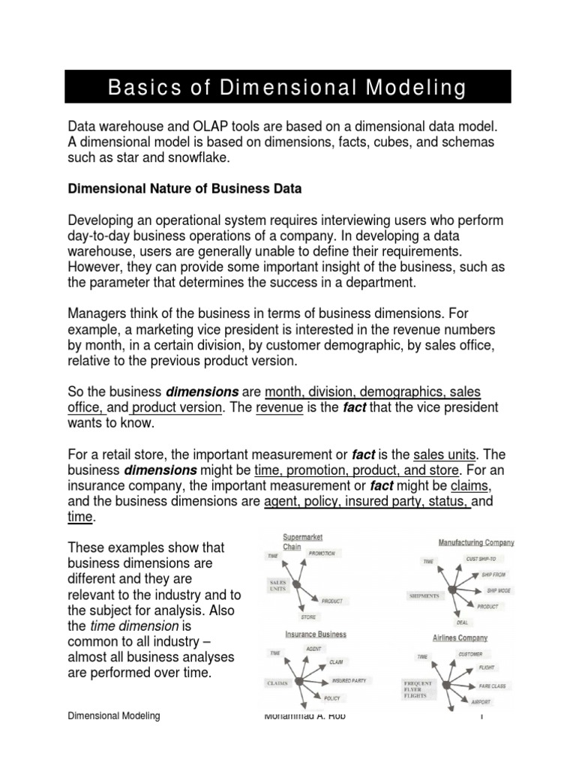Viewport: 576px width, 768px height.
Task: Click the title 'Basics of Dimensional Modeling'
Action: (287, 88)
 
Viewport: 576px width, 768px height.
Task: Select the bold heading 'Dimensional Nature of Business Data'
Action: (184, 189)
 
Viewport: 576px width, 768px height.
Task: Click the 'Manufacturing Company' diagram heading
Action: (476, 541)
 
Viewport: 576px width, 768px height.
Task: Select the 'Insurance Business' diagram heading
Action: (316, 634)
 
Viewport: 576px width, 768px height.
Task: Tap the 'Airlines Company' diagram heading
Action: (460, 637)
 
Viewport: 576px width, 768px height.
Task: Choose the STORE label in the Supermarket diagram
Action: (308, 617)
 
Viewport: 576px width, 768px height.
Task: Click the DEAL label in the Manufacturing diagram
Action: (463, 622)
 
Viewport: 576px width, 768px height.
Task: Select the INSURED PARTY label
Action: (349, 680)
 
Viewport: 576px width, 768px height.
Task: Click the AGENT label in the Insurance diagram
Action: (314, 648)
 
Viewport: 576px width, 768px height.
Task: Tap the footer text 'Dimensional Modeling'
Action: (114, 716)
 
